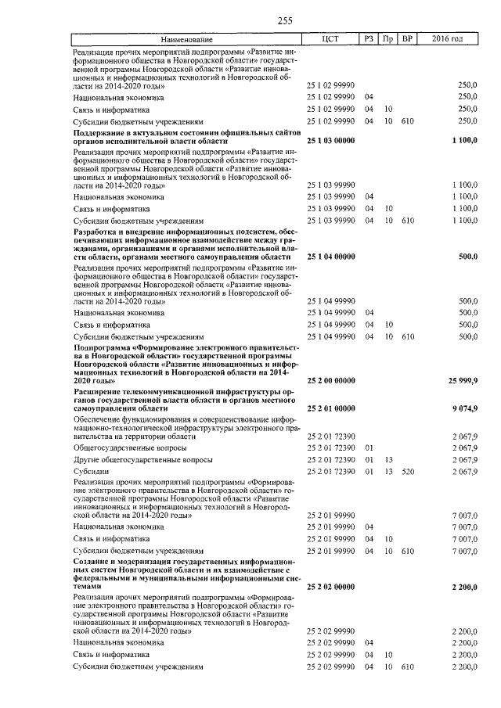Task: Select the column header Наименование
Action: [x=186, y=38]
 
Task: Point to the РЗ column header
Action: [x=369, y=38]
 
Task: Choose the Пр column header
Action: [x=388, y=38]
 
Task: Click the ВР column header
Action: [x=407, y=38]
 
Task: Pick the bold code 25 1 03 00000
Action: [x=332, y=142]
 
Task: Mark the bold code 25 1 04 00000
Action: [x=332, y=257]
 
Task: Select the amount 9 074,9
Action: [x=464, y=408]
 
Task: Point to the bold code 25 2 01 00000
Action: [x=332, y=408]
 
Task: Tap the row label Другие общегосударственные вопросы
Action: [x=132, y=460]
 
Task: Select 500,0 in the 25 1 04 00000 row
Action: [x=467, y=257]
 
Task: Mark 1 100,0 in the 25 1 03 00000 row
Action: [x=464, y=142]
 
